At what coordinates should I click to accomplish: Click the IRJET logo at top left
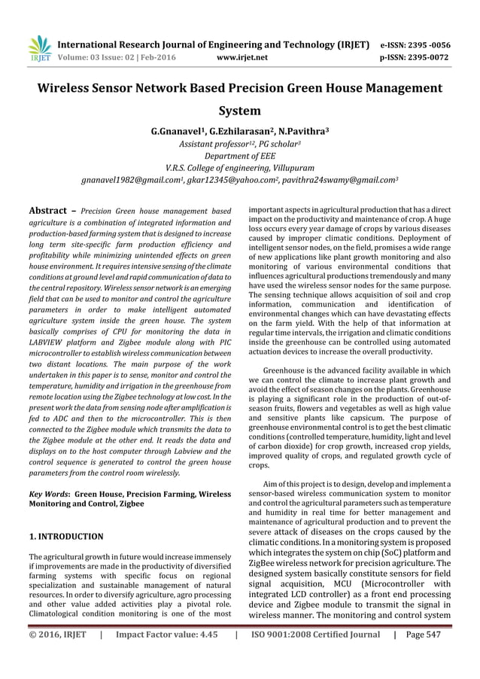(38, 47)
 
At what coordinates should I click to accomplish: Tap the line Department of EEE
(239, 156)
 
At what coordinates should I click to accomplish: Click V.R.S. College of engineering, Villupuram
(239, 168)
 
